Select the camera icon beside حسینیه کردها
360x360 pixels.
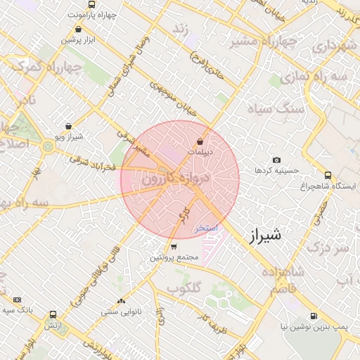coord(276,160)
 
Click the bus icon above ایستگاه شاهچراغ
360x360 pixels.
coord(328,175)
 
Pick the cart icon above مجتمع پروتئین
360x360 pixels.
coord(174,247)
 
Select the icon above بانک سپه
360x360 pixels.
coord(18,300)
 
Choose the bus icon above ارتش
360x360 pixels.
coord(53,314)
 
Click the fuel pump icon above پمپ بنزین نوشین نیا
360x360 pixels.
coord(312,316)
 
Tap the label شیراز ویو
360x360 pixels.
coord(68,136)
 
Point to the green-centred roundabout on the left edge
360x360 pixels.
coord(47,146)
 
